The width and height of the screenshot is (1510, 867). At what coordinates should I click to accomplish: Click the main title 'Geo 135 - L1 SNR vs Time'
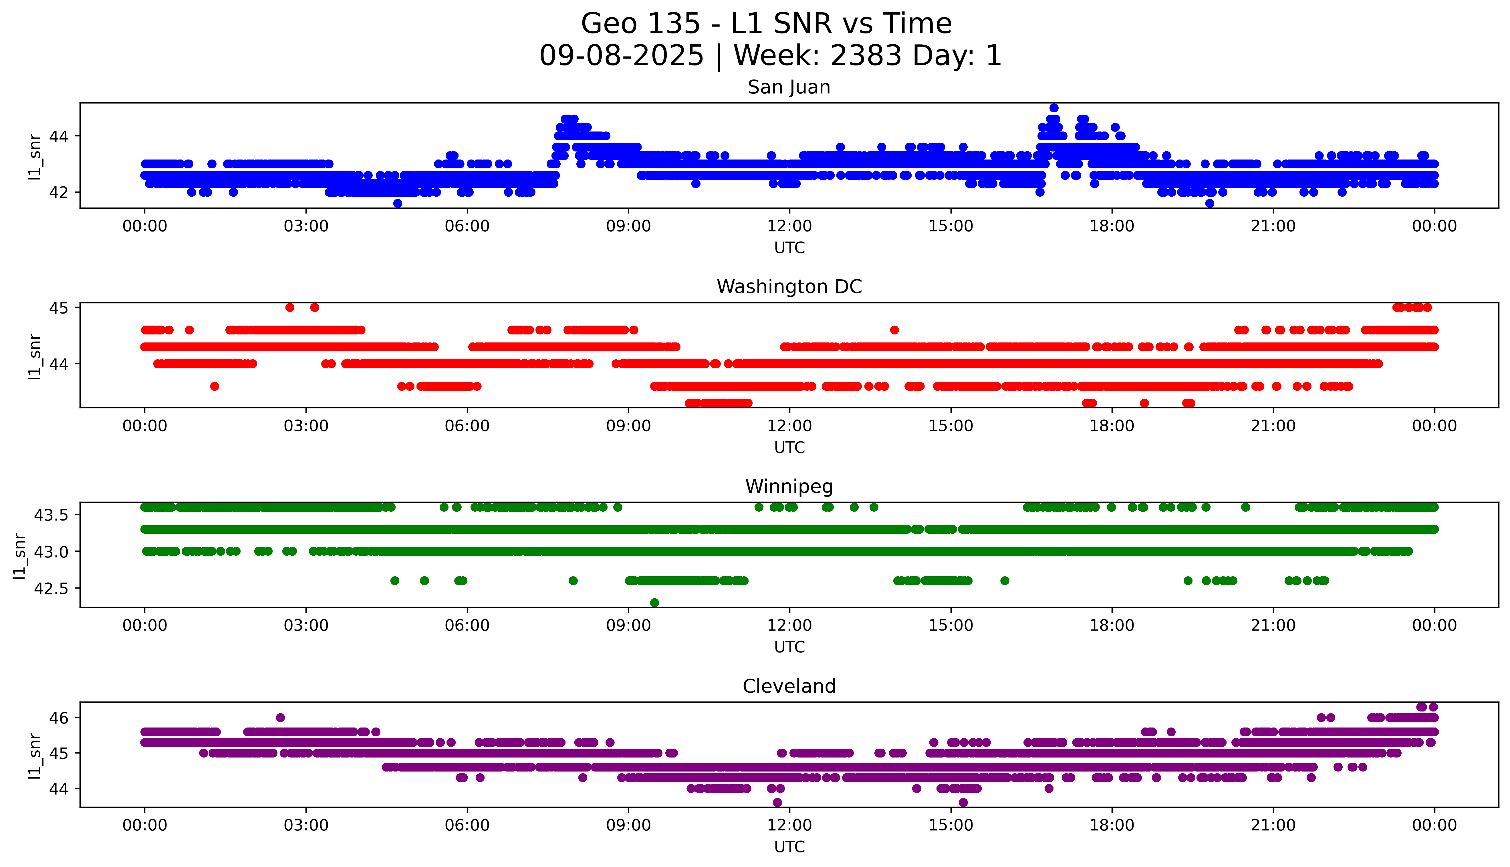pos(766,24)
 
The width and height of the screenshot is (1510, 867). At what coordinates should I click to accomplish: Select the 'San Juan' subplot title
pos(789,87)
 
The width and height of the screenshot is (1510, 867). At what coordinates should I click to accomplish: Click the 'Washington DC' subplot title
pos(789,287)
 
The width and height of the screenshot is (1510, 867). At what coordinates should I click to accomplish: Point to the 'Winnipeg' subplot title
pos(789,487)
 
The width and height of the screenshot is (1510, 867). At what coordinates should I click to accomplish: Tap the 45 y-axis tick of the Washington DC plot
pos(59,308)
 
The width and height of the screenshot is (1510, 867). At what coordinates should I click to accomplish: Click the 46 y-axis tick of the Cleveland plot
pos(59,717)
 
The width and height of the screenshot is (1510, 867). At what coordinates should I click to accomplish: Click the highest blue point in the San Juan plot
pos(1054,108)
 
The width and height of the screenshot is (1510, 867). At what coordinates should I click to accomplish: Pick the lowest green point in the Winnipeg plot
pos(654,603)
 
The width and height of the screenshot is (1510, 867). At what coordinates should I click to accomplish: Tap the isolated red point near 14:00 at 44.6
pos(894,330)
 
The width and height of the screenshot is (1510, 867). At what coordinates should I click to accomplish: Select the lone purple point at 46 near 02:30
pos(280,717)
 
